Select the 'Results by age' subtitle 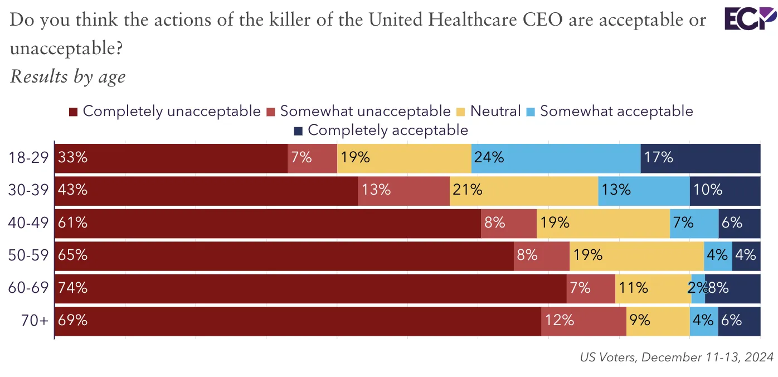67,76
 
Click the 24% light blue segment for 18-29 556,157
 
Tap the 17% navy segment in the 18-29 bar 701,157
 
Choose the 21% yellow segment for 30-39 524,190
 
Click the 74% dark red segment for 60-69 310,288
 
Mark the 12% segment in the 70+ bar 583,321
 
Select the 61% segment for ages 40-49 268,223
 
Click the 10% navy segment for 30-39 725,190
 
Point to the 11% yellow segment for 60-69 653,288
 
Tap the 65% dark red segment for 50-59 284,255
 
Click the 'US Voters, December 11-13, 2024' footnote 677,357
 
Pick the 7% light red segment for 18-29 312,157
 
